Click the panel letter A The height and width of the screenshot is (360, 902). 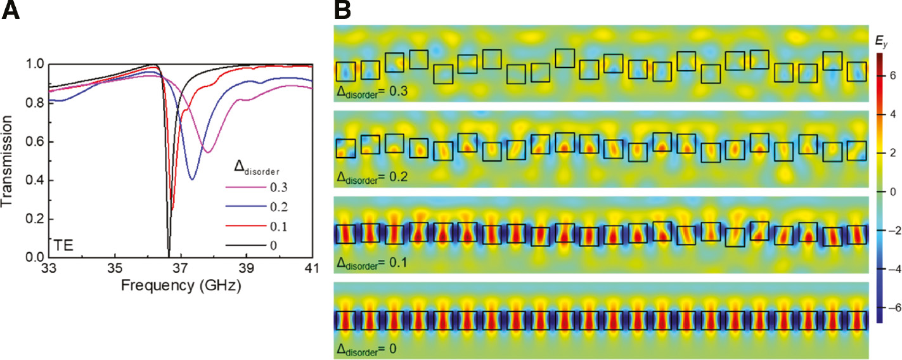pyautogui.click(x=11, y=11)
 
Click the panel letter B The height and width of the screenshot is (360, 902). pyautogui.click(x=342, y=11)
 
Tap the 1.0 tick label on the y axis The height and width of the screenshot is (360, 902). pyautogui.click(x=36, y=65)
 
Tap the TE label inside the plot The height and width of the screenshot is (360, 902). pyautogui.click(x=63, y=245)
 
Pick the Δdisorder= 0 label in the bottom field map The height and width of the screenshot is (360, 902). pyautogui.click(x=368, y=348)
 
